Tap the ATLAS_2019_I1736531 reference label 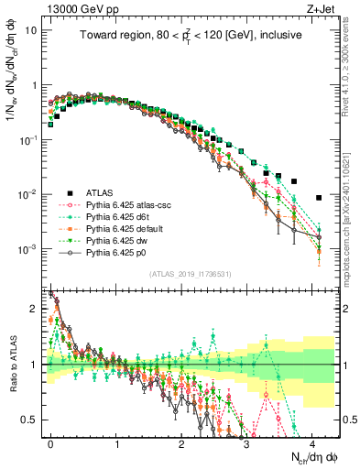coord(190,274)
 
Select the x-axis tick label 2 coord(182,442)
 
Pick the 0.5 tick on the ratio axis coord(31,420)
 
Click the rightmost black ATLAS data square coord(319,197)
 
